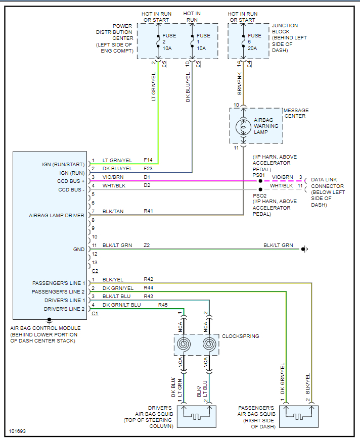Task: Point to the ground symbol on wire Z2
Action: tap(304, 249)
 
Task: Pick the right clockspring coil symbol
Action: tap(209, 345)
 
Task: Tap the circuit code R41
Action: tap(148, 211)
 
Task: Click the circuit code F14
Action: tap(148, 160)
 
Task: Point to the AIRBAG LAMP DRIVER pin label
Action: tap(57, 216)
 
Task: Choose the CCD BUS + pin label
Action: tap(70, 181)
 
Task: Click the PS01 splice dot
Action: tap(260, 180)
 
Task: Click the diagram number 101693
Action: tap(17, 432)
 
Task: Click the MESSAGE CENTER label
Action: tap(296, 113)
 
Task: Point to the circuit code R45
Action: tap(163, 305)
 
